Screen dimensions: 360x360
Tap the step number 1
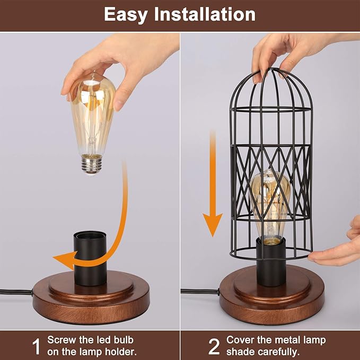(x=36, y=347)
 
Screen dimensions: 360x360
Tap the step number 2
(x=214, y=347)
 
